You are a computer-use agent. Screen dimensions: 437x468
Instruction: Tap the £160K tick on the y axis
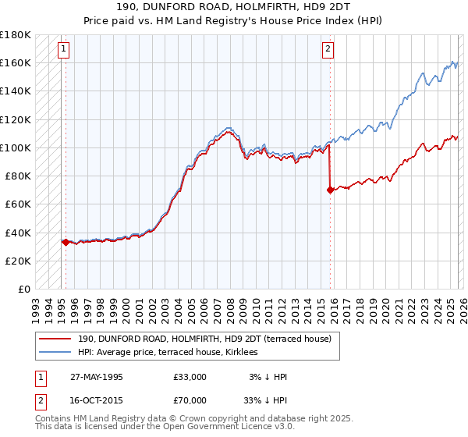pyautogui.click(x=16, y=62)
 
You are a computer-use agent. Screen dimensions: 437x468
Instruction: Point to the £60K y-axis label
pyautogui.click(x=18, y=204)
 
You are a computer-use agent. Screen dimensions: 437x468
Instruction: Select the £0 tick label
pyautogui.click(x=24, y=289)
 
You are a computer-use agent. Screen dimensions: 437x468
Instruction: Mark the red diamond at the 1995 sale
pyautogui.click(x=66, y=242)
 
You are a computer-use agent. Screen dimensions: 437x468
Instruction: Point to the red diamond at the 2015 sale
pyautogui.click(x=330, y=190)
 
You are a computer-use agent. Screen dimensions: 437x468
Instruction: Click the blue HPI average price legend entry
pyautogui.click(x=172, y=353)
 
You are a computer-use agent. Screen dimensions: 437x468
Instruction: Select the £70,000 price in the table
pyautogui.click(x=190, y=399)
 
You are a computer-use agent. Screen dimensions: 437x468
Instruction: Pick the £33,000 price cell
pyautogui.click(x=190, y=377)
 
